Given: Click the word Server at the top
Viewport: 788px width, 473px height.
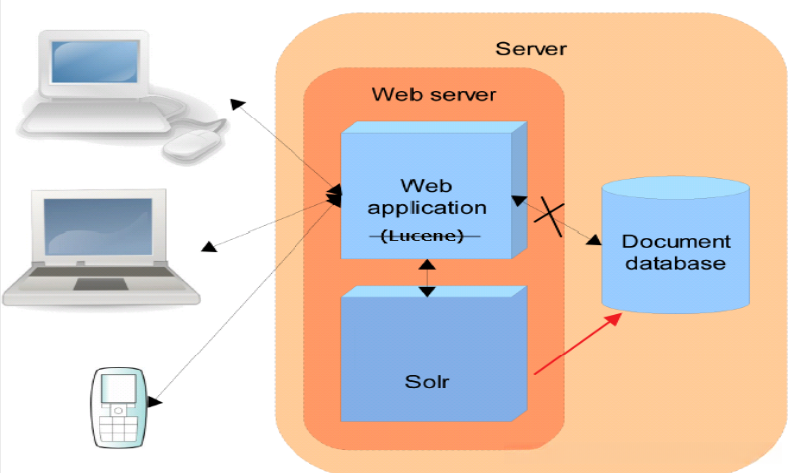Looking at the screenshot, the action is (x=531, y=49).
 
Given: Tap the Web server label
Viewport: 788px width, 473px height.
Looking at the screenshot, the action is (x=434, y=94).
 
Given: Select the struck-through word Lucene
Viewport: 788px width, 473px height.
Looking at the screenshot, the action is (x=422, y=235).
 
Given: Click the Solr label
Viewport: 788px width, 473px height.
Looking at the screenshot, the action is (x=427, y=382).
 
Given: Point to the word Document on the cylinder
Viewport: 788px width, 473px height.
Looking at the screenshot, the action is (x=676, y=242).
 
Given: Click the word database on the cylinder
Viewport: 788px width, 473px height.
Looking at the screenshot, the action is (x=676, y=263).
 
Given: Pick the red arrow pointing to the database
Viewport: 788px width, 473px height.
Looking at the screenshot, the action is (x=578, y=344).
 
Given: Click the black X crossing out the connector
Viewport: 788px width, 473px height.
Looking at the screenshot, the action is (x=549, y=217).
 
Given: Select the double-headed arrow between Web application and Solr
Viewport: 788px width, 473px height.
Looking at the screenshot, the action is (x=427, y=278).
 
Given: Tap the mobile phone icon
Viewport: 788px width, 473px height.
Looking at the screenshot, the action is (x=118, y=407).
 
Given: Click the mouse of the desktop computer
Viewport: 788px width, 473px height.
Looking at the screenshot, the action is (x=192, y=146).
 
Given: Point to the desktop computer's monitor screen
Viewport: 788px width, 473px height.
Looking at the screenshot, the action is (x=95, y=62).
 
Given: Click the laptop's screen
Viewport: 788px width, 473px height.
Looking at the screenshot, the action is (x=98, y=226).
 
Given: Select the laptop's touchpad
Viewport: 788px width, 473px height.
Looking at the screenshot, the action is (x=100, y=284).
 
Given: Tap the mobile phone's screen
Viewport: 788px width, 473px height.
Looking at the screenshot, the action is (x=119, y=389).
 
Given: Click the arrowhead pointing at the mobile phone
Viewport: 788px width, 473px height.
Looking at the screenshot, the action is (x=155, y=401).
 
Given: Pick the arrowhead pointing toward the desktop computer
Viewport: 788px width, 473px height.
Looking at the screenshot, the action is (x=237, y=105).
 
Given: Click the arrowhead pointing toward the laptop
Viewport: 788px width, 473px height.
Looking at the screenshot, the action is (x=209, y=247).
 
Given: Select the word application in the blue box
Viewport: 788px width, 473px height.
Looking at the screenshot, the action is (x=427, y=209).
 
